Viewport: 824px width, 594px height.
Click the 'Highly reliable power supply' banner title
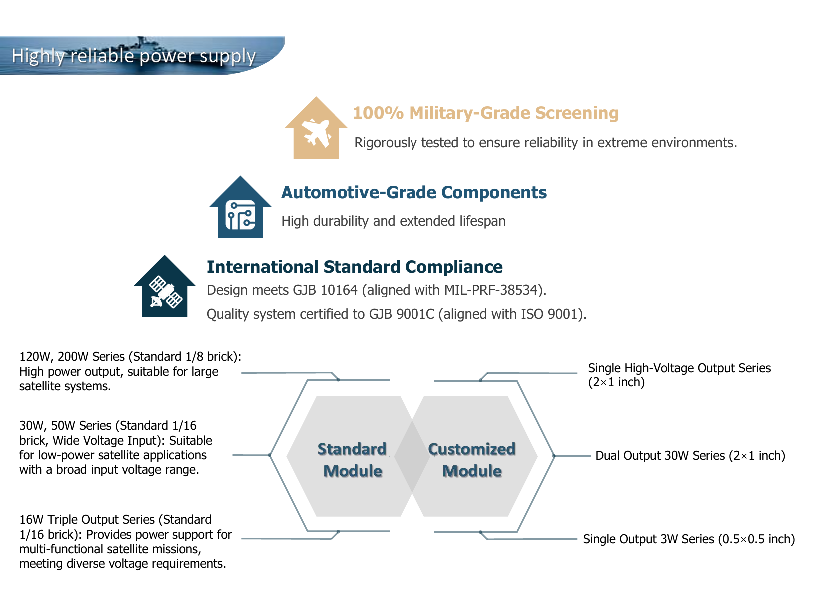tap(133, 56)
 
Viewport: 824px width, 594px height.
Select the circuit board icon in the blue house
tap(240, 215)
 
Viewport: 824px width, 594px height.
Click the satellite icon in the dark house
tap(165, 292)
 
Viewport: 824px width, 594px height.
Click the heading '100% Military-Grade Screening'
tap(485, 113)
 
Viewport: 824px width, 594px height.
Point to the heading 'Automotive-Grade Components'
tap(414, 192)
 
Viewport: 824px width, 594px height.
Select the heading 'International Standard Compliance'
tap(355, 267)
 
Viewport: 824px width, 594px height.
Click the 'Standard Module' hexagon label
tap(352, 460)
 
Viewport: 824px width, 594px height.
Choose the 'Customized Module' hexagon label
tap(472, 460)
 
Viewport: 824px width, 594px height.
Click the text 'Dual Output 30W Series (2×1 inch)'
tap(690, 455)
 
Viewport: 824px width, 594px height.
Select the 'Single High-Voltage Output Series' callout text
tap(679, 368)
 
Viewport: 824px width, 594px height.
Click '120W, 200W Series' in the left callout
tap(72, 356)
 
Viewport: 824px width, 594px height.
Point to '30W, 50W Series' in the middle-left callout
tap(65, 425)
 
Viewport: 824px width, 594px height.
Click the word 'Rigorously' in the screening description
tap(386, 143)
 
